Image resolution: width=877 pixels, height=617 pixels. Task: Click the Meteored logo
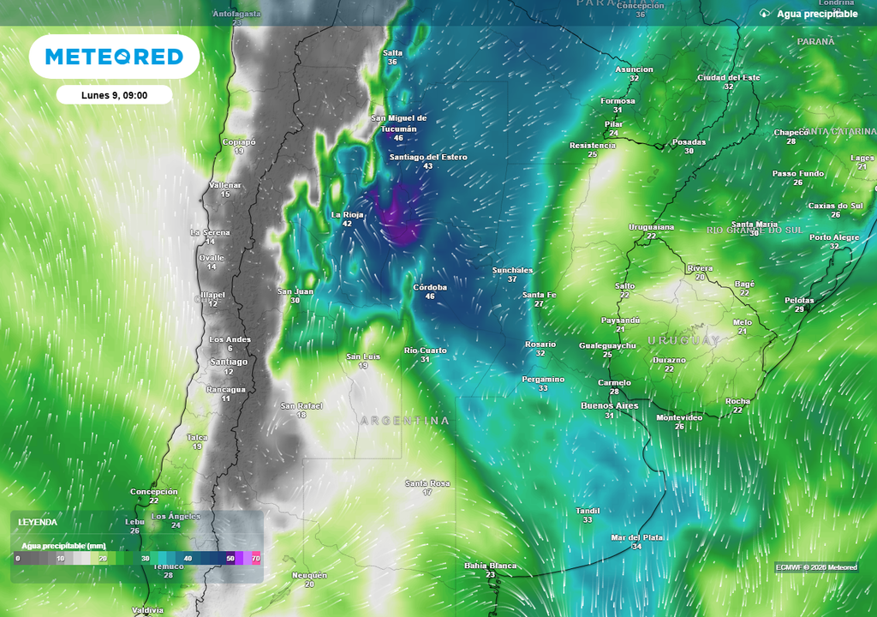pyautogui.click(x=114, y=57)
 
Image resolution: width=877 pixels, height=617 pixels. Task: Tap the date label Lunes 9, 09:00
pyautogui.click(x=114, y=95)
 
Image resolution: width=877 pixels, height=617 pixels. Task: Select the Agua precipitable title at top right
pyautogui.click(x=817, y=14)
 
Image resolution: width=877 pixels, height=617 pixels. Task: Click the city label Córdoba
pyautogui.click(x=430, y=287)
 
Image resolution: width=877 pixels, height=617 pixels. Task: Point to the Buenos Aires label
pyautogui.click(x=609, y=405)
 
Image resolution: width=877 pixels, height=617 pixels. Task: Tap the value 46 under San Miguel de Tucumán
pyautogui.click(x=398, y=138)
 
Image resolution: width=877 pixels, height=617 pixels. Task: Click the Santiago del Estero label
pyautogui.click(x=428, y=157)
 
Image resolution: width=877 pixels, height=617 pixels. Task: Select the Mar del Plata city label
pyautogui.click(x=636, y=537)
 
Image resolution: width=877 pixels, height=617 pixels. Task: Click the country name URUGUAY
pyautogui.click(x=683, y=340)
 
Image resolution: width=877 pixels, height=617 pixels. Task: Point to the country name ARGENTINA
pyautogui.click(x=404, y=421)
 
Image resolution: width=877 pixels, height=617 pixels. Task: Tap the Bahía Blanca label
pyautogui.click(x=490, y=566)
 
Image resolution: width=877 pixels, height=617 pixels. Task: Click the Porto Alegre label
pyautogui.click(x=834, y=237)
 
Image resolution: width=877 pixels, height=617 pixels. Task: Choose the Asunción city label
pyautogui.click(x=634, y=69)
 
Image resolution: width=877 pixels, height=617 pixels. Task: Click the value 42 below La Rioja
pyautogui.click(x=347, y=224)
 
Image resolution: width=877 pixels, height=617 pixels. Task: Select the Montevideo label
pyautogui.click(x=679, y=417)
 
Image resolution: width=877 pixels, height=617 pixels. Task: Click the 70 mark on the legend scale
pyautogui.click(x=255, y=558)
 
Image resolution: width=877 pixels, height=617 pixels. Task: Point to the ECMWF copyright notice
pyautogui.click(x=816, y=567)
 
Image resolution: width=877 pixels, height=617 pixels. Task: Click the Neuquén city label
pyautogui.click(x=309, y=575)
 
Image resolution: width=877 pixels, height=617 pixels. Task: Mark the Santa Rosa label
pyautogui.click(x=427, y=483)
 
